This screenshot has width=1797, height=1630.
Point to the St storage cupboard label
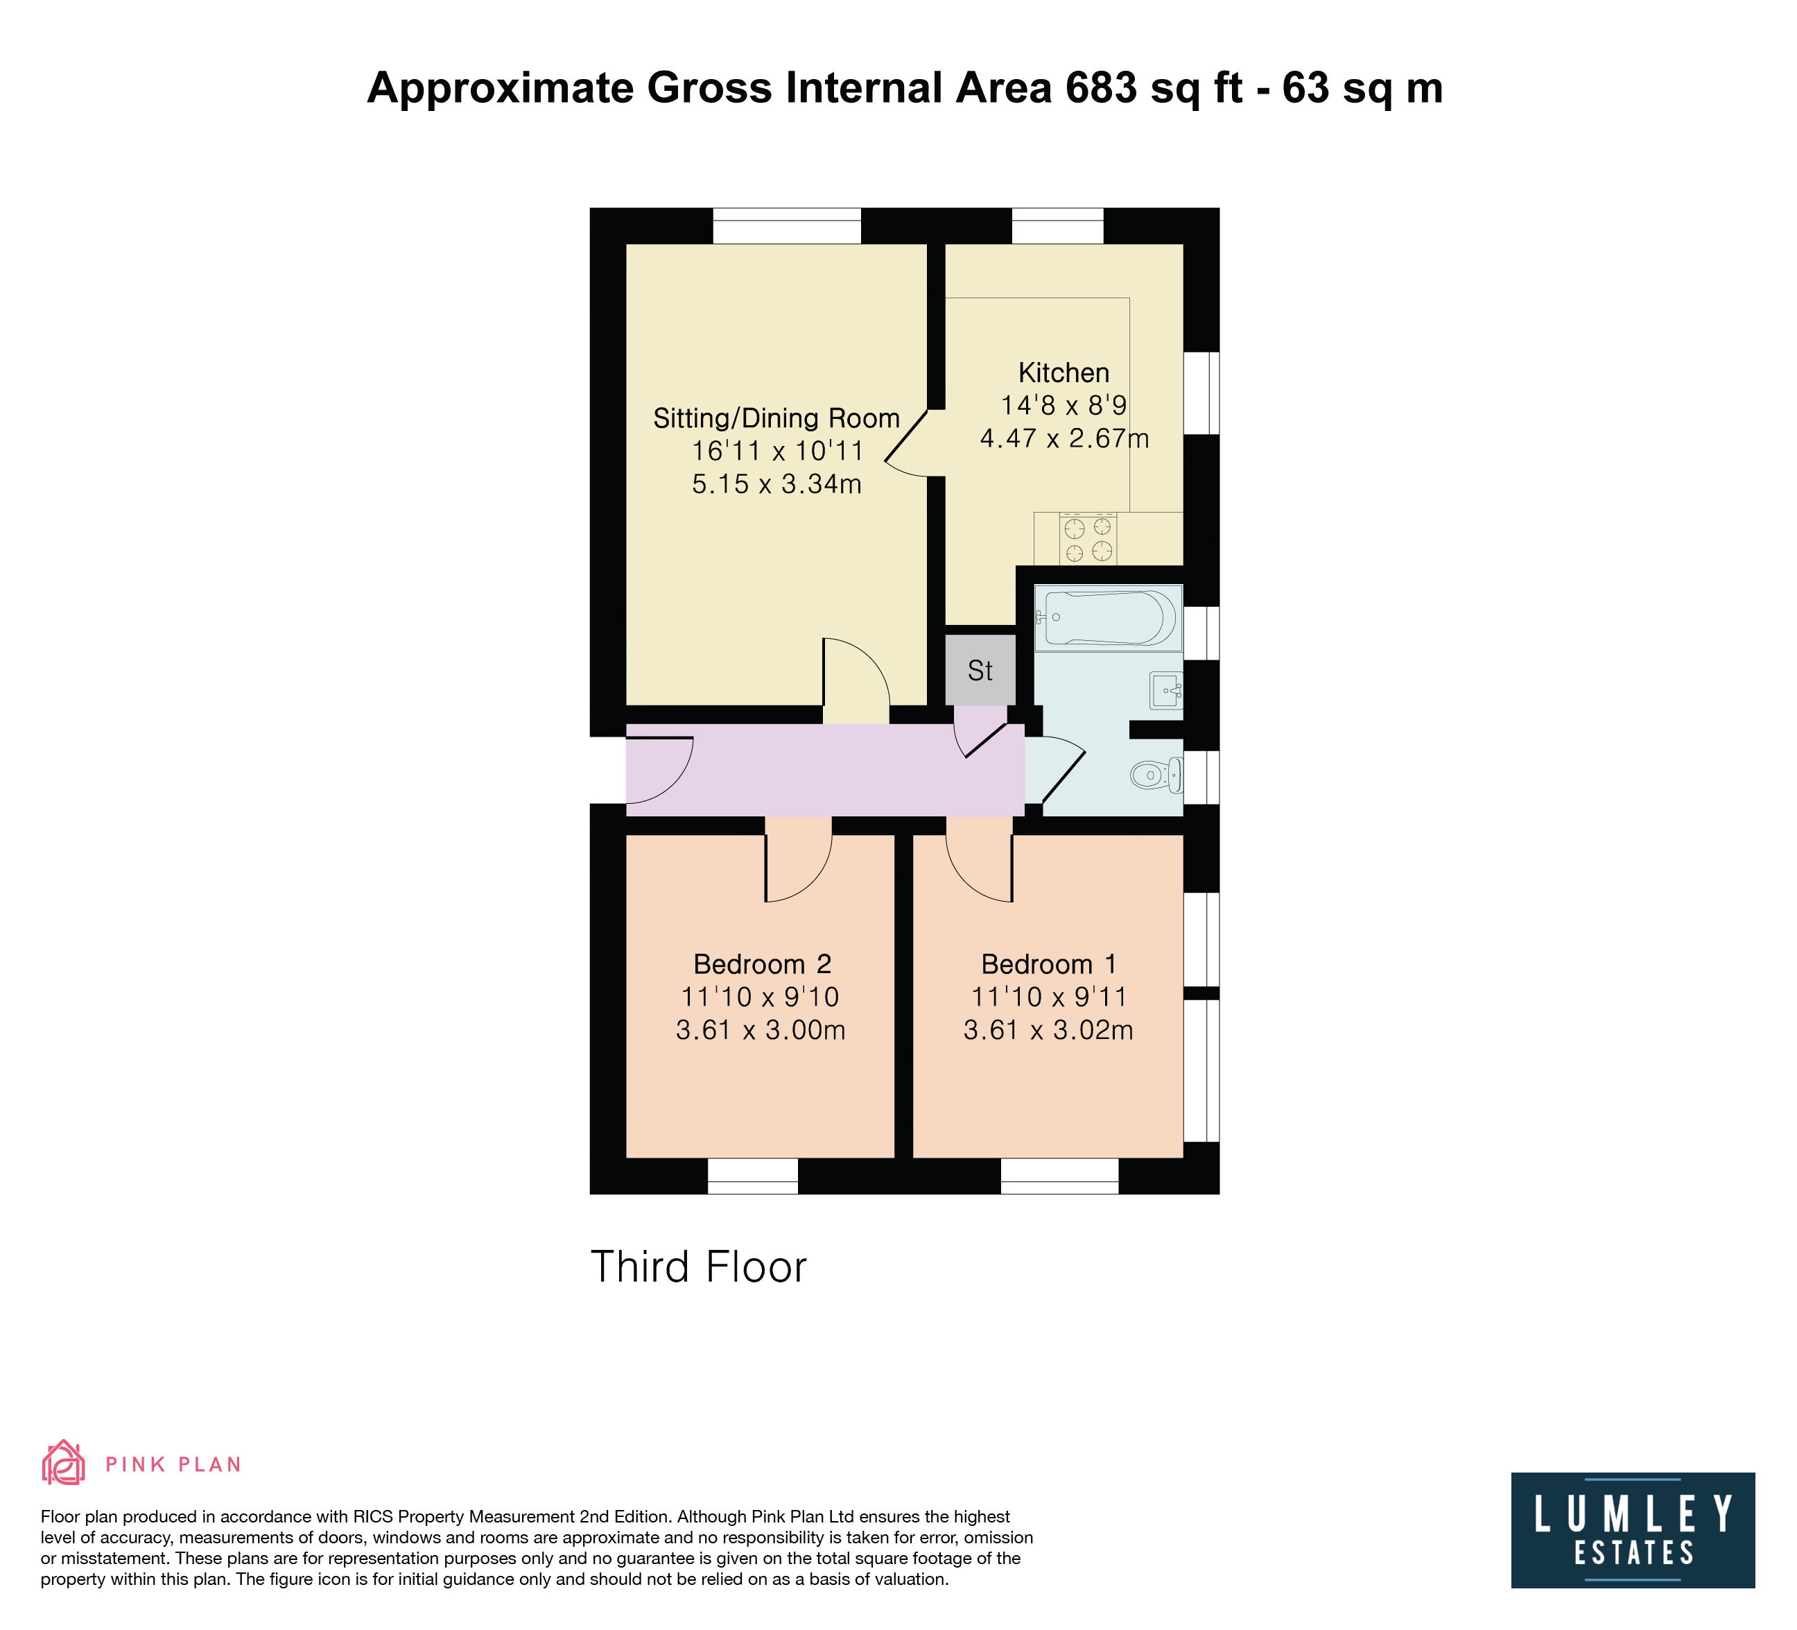[980, 671]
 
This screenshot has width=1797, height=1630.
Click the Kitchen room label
[1064, 372]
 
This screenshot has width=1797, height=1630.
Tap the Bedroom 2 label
[762, 964]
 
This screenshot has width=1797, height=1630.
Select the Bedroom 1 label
[1048, 964]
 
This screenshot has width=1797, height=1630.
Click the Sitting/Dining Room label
[776, 418]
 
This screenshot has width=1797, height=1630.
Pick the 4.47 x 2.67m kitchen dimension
[1064, 438]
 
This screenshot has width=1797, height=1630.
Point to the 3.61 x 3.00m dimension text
[761, 1030]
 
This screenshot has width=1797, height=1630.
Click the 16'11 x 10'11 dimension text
[777, 451]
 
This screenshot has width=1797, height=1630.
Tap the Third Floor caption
[699, 1267]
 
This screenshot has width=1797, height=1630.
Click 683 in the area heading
[1101, 88]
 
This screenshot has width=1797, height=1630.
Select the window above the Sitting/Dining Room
[787, 225]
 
